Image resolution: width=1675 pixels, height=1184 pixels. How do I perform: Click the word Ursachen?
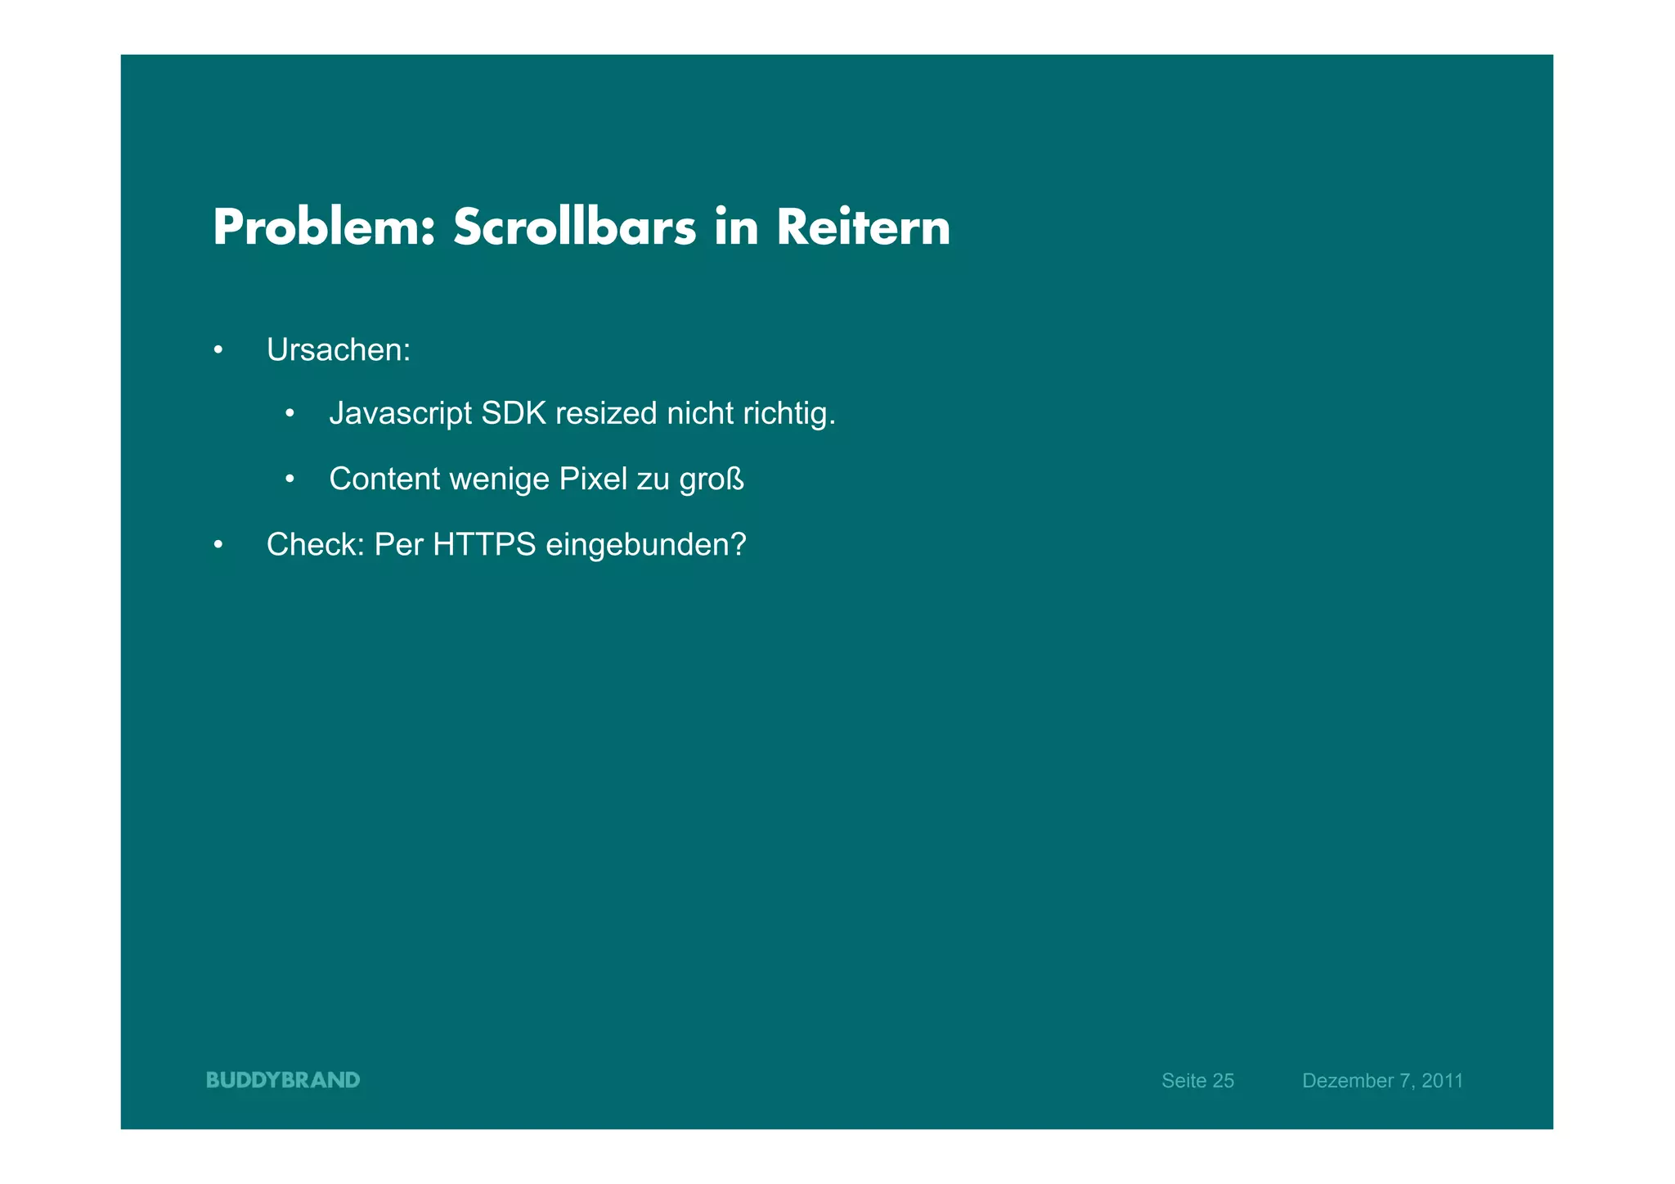coord(337,350)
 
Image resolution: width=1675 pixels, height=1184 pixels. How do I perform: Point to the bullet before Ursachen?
coord(218,351)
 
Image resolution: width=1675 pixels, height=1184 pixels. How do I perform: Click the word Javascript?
coord(400,414)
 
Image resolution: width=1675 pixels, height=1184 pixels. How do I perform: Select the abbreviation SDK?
coord(514,414)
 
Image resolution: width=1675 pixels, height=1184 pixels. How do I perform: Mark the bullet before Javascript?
coord(290,414)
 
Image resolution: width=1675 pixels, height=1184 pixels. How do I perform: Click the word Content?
coord(384,479)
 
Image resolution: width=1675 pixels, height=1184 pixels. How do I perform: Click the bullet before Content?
coord(290,479)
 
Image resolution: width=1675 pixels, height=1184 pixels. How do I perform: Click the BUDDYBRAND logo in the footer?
coord(283,1080)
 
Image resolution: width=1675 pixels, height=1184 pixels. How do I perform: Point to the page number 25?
coord(1223,1081)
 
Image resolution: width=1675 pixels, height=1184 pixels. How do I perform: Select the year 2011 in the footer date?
coord(1442,1081)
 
